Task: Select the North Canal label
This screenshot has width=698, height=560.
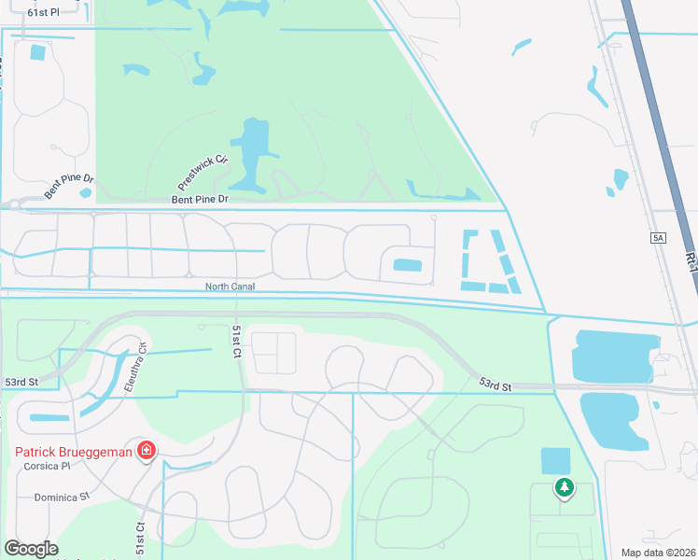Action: pyautogui.click(x=230, y=287)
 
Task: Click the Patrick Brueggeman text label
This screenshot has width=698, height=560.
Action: pyautogui.click(x=74, y=453)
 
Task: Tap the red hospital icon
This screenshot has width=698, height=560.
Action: pyautogui.click(x=146, y=453)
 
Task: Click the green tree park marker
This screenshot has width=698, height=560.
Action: pyautogui.click(x=564, y=486)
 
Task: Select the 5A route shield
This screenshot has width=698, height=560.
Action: pyautogui.click(x=659, y=239)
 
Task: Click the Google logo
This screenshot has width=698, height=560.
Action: pyautogui.click(x=31, y=549)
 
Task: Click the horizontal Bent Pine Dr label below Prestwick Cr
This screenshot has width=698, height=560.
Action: pyautogui.click(x=200, y=200)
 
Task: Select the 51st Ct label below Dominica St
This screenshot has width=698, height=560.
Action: pyautogui.click(x=141, y=539)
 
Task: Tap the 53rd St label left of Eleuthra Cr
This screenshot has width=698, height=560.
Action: pyautogui.click(x=20, y=383)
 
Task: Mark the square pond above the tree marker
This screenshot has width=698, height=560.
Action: pyautogui.click(x=555, y=461)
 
